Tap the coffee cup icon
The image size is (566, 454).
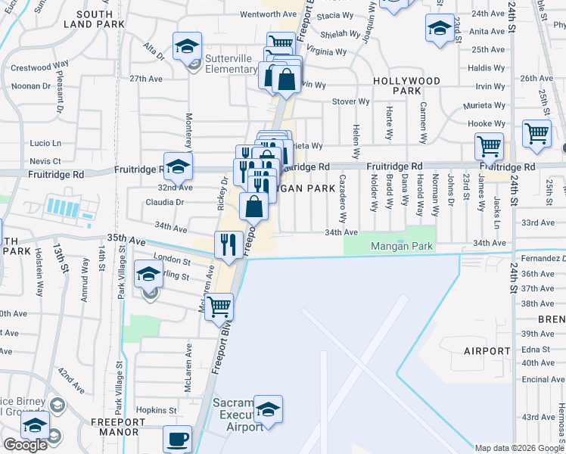coord(178,439)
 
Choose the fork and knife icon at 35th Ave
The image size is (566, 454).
coord(228,244)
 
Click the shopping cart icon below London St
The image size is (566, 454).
coord(219,306)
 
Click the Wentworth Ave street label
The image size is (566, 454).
coord(269,14)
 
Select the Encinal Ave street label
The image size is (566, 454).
coord(539,379)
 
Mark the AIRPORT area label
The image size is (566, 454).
coord(487,351)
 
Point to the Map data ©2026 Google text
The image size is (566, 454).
coord(519,448)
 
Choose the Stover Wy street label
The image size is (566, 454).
coord(353,101)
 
